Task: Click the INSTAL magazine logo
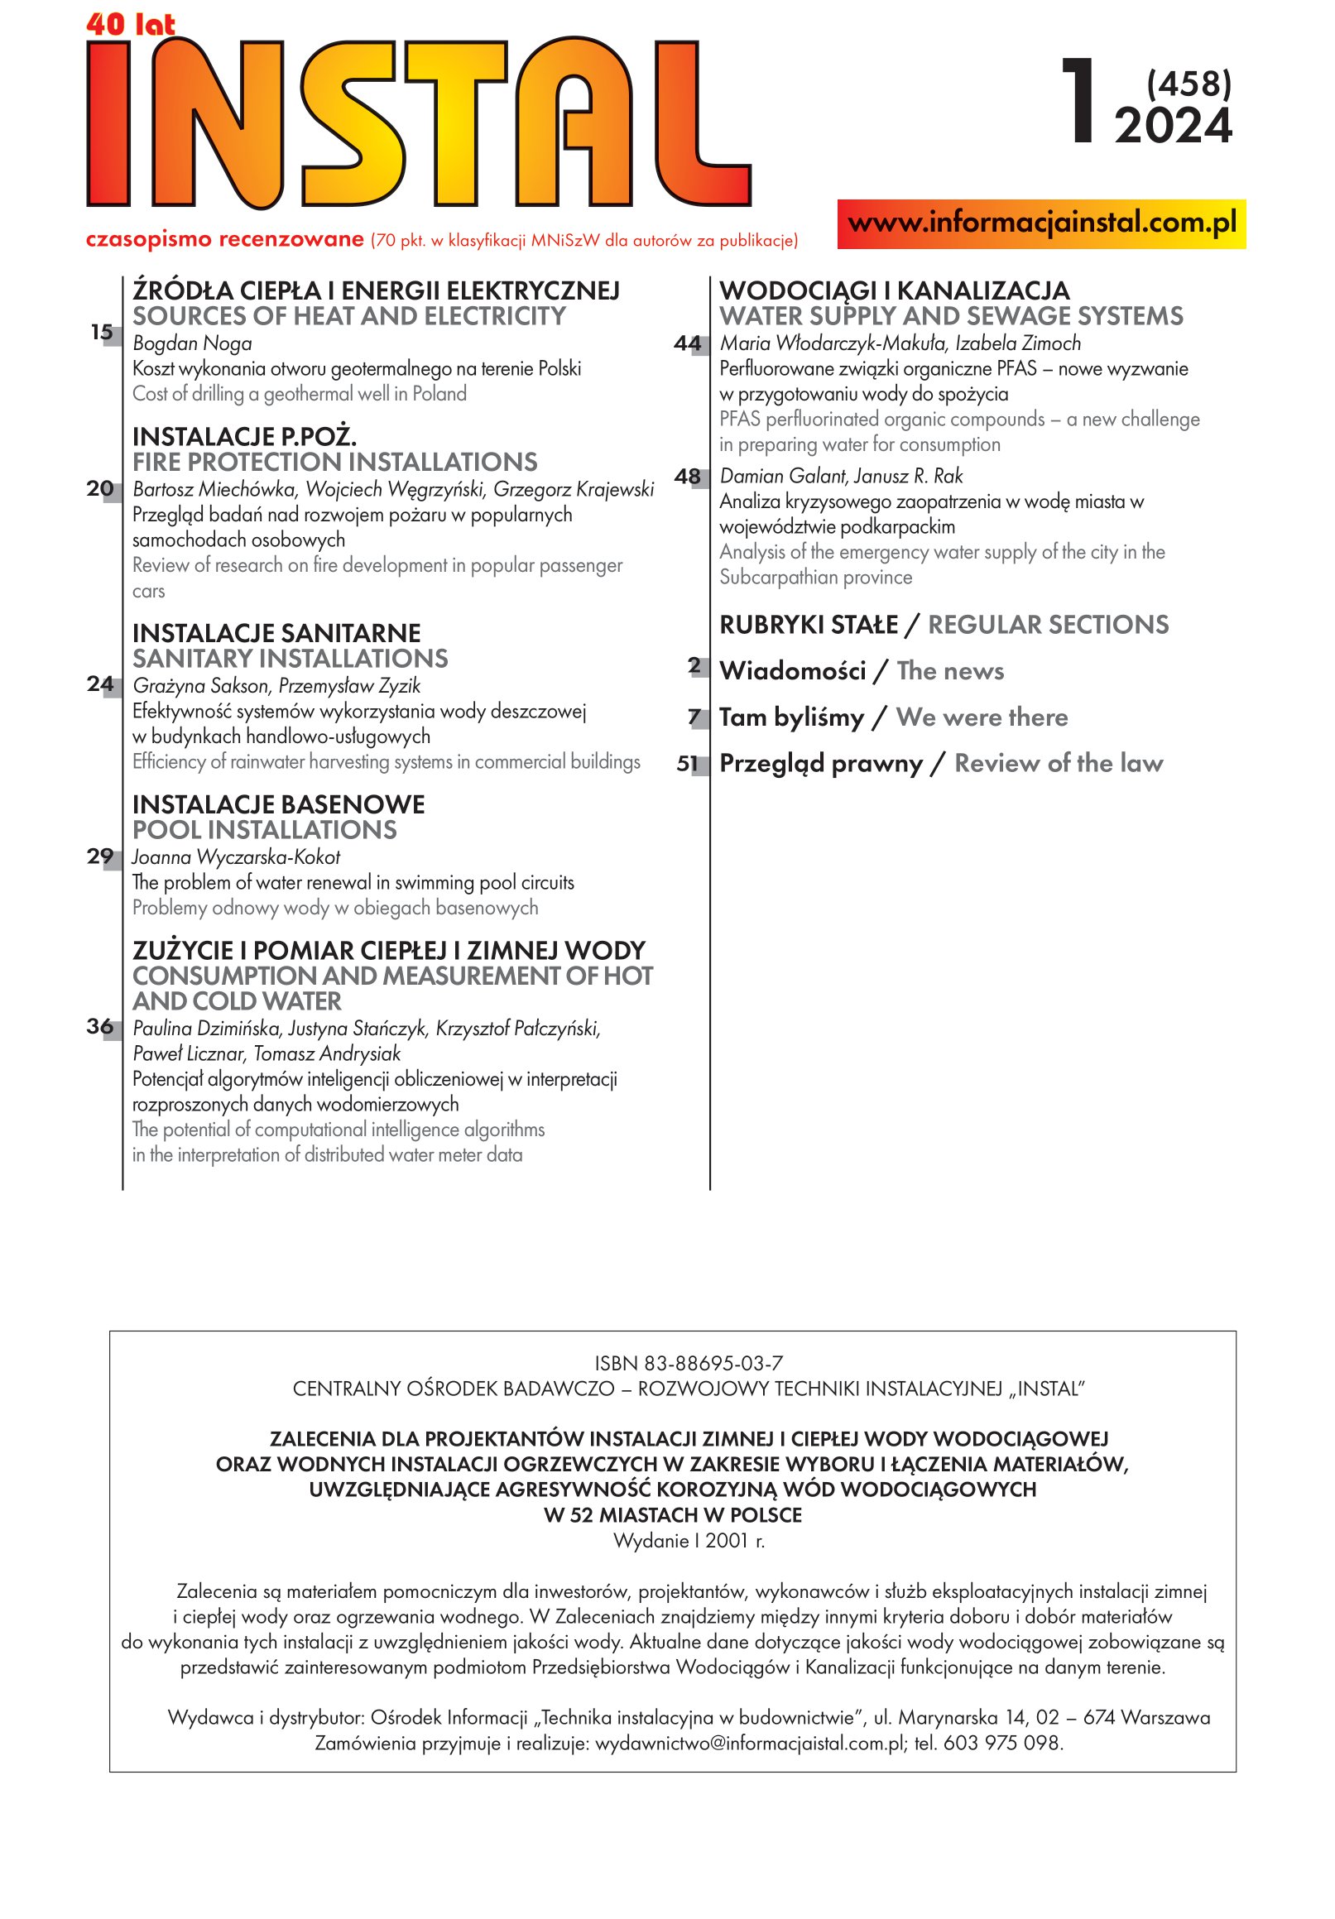tap(418, 122)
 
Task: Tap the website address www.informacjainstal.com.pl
tap(1040, 223)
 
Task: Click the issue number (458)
tap(1189, 84)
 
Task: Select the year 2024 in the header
tap(1173, 127)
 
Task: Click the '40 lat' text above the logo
tap(131, 24)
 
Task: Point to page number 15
tap(102, 333)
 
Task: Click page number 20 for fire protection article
tap(100, 488)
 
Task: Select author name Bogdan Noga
tap(192, 343)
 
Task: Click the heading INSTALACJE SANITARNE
tap(276, 633)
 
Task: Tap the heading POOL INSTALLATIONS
tap(265, 830)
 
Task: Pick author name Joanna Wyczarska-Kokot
tap(237, 856)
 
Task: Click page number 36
tap(100, 1026)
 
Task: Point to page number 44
tap(687, 343)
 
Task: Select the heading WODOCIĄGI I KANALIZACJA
tap(895, 290)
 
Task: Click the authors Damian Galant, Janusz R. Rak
tap(841, 477)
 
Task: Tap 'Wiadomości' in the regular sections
tap(792, 671)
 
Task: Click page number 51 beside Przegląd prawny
tap(687, 764)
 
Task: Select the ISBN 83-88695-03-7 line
tap(689, 1363)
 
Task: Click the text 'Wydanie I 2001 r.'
tap(689, 1540)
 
